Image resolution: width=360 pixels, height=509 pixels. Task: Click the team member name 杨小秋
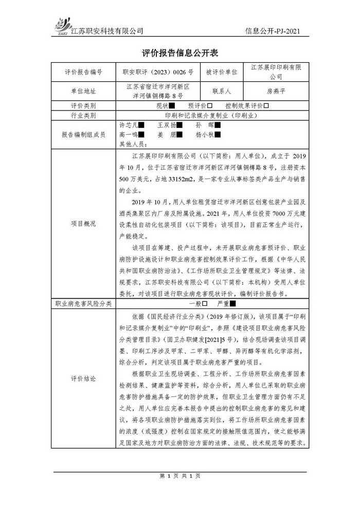(205, 135)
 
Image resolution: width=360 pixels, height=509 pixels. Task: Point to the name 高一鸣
(129, 135)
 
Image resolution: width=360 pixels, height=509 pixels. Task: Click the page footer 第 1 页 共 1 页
(179, 476)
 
